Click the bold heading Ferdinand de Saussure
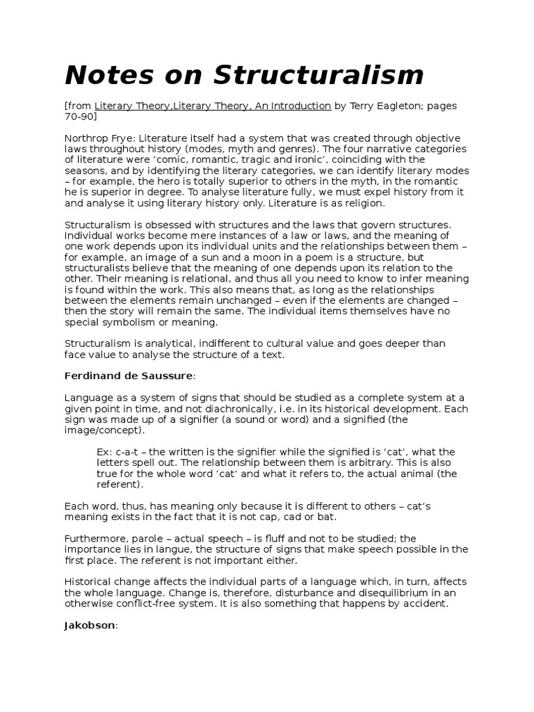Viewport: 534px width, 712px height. click(129, 376)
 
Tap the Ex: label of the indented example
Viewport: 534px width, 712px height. click(105, 452)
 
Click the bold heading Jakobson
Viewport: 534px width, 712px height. click(90, 625)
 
